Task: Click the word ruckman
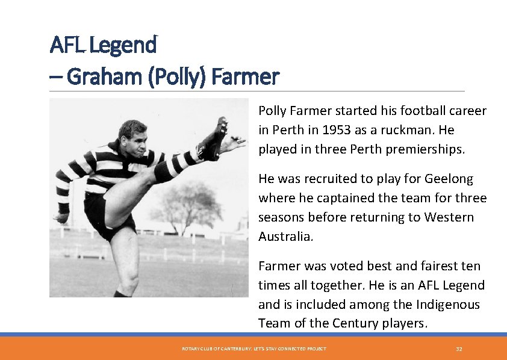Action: tap(415, 130)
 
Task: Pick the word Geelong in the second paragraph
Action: tap(449, 179)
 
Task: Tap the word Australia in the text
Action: tap(285, 237)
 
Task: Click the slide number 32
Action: tap(459, 349)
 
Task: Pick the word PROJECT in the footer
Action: tap(316, 349)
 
